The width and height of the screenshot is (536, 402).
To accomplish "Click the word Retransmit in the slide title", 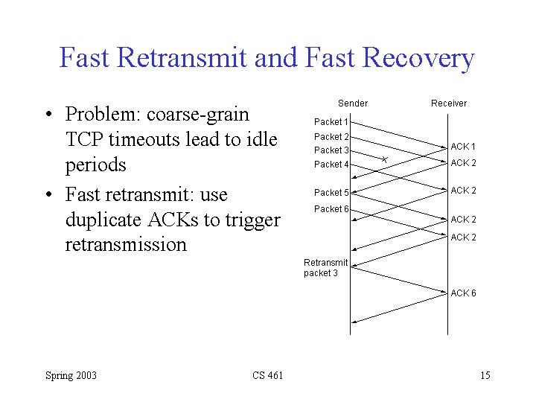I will [185, 58].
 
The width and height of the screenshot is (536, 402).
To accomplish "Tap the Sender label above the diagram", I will [352, 103].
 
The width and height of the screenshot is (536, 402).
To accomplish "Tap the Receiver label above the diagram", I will [448, 103].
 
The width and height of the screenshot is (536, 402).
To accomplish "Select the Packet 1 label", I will [331, 121].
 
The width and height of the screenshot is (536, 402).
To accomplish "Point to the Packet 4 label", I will [331, 165].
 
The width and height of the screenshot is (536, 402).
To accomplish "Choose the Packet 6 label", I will [331, 209].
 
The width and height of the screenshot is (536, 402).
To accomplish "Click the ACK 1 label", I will [463, 147].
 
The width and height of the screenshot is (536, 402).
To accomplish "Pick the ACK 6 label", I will [463, 293].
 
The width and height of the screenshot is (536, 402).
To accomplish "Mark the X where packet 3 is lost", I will [384, 159].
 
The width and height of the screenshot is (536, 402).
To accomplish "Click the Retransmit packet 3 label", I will [325, 267].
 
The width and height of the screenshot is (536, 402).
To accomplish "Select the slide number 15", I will [485, 375].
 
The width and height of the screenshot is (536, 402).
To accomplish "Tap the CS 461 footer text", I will [267, 375].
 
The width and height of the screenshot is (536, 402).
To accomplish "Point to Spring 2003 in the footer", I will [71, 375].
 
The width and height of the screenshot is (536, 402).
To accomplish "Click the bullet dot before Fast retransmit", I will [48, 195].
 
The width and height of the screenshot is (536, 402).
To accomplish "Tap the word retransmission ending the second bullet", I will [126, 244].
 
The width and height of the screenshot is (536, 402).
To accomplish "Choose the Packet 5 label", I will [331, 193].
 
